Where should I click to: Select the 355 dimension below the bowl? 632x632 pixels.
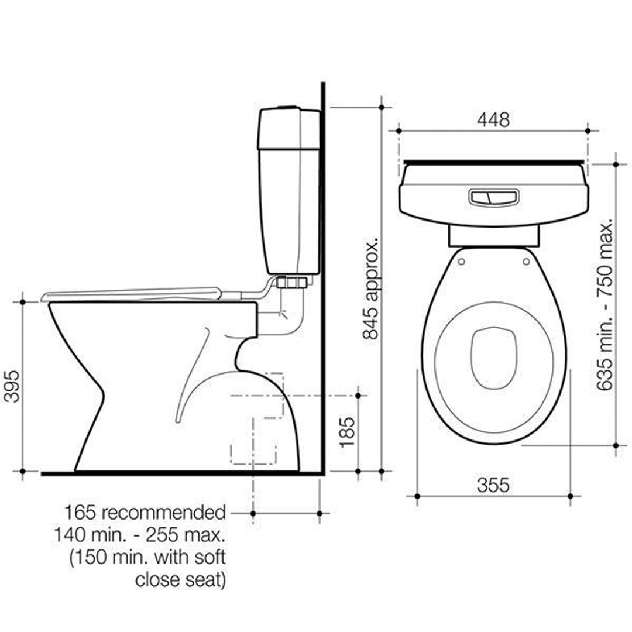[x=493, y=485]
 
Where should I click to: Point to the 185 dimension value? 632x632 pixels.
[x=348, y=432]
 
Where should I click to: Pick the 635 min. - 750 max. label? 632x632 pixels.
[x=605, y=305]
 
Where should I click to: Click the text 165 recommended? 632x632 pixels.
[x=145, y=513]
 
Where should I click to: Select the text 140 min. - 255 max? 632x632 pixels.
[x=139, y=535]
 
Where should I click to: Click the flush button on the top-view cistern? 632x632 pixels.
[x=493, y=197]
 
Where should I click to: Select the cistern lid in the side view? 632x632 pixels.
[x=288, y=128]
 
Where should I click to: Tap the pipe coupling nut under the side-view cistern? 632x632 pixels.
[x=291, y=283]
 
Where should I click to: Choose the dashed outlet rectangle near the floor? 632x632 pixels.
[x=253, y=454]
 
